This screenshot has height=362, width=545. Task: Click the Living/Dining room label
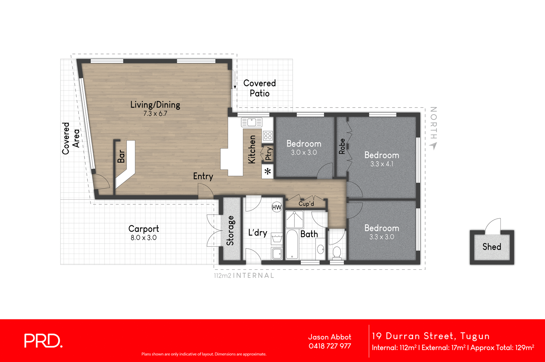[155, 105]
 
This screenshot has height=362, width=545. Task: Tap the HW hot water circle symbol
[276, 207]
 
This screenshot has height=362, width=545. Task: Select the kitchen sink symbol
[251, 122]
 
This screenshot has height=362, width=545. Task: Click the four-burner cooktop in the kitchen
[268, 135]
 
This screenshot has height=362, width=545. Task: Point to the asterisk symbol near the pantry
[268, 171]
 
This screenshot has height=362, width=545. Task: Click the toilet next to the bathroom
[337, 252]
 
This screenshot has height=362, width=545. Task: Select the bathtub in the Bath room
[292, 244]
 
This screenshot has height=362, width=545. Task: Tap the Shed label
[492, 247]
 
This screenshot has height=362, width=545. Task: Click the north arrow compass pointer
[433, 146]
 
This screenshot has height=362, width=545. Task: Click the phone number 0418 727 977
[330, 346]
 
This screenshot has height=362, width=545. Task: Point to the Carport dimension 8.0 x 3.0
[144, 238]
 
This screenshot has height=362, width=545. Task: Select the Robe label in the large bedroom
[342, 146]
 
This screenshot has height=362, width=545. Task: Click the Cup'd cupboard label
[306, 204]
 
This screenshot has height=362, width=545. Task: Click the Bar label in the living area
[121, 156]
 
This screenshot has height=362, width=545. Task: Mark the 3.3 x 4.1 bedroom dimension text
[381, 164]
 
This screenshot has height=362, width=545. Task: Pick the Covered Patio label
[259, 88]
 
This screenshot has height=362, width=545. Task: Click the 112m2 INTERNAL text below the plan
[244, 275]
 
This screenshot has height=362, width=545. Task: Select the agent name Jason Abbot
[330, 337]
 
